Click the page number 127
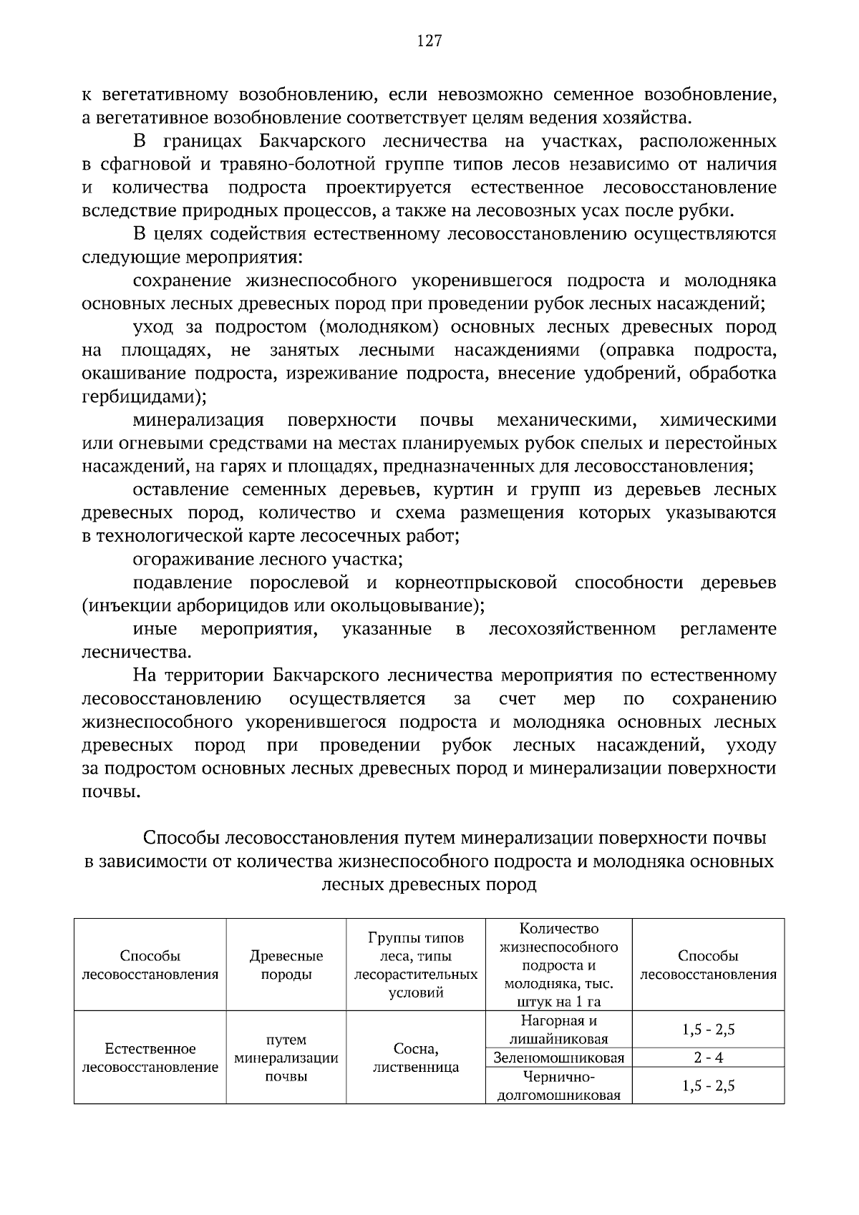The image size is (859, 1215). tap(429, 41)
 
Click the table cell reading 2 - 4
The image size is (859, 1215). tap(708, 1058)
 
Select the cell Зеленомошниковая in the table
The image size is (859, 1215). tap(558, 1058)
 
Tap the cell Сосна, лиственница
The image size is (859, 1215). tap(416, 1058)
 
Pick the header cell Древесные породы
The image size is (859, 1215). tap(286, 965)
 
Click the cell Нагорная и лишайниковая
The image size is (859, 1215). tap(558, 1030)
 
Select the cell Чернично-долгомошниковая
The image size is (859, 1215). tap(558, 1085)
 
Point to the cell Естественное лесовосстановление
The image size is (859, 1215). tap(150, 1058)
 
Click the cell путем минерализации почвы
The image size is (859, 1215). tap(286, 1058)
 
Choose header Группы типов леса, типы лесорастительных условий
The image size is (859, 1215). tap(416, 965)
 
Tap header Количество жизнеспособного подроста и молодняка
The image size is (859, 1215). tap(558, 965)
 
